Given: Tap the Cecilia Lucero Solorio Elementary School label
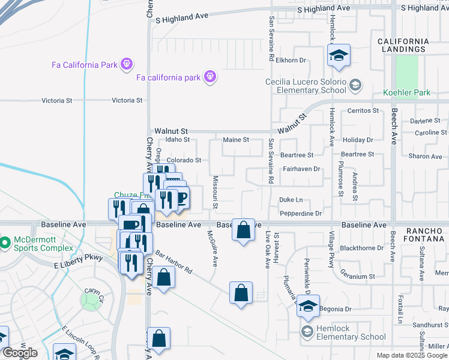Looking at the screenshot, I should coord(306,86).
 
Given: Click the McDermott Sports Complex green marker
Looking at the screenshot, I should coord(5,243).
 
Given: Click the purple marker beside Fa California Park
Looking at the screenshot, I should coord(125,63).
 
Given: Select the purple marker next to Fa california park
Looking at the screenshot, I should coord(209,77).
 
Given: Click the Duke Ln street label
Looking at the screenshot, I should coord(291,200).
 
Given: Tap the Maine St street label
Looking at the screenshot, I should coord(236,140).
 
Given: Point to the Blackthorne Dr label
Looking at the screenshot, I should coord(361,248).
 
